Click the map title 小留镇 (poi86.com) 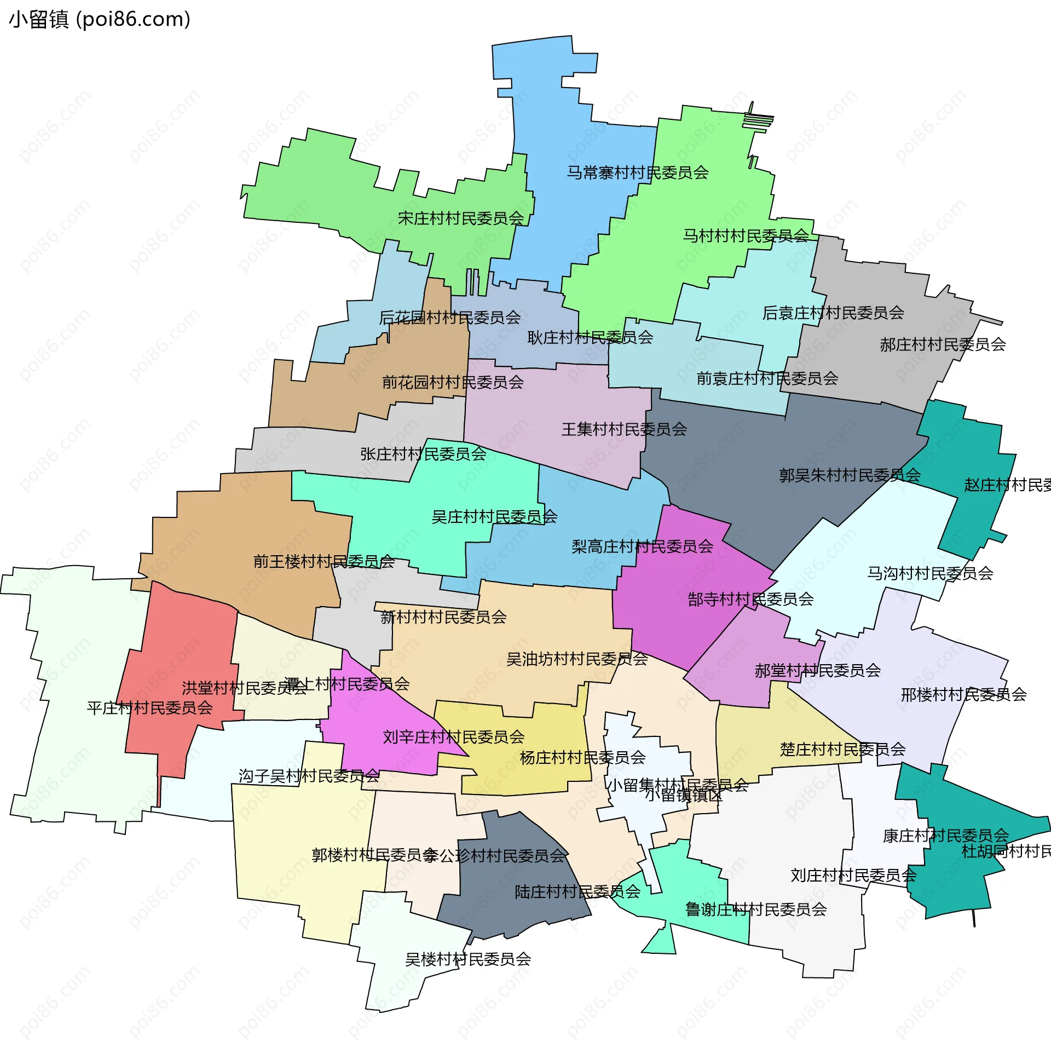[x=100, y=20]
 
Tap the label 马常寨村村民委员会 [x=637, y=173]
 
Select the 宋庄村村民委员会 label [x=461, y=218]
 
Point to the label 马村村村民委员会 [x=746, y=236]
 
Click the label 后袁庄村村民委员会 [x=833, y=313]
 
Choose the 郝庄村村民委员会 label [x=943, y=344]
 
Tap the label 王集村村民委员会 [x=624, y=429]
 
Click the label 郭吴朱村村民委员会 [x=850, y=475]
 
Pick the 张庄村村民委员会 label [x=423, y=454]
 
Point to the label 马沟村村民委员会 [x=929, y=573]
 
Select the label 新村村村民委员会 [x=443, y=617]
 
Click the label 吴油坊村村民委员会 [x=577, y=659]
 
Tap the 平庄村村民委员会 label [x=149, y=708]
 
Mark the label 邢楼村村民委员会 [x=963, y=695]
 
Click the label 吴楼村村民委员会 [x=468, y=959]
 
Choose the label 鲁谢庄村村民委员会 [x=756, y=909]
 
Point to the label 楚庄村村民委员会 [x=842, y=749]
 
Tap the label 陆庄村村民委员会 [x=578, y=892]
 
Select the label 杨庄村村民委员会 [x=582, y=758]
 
